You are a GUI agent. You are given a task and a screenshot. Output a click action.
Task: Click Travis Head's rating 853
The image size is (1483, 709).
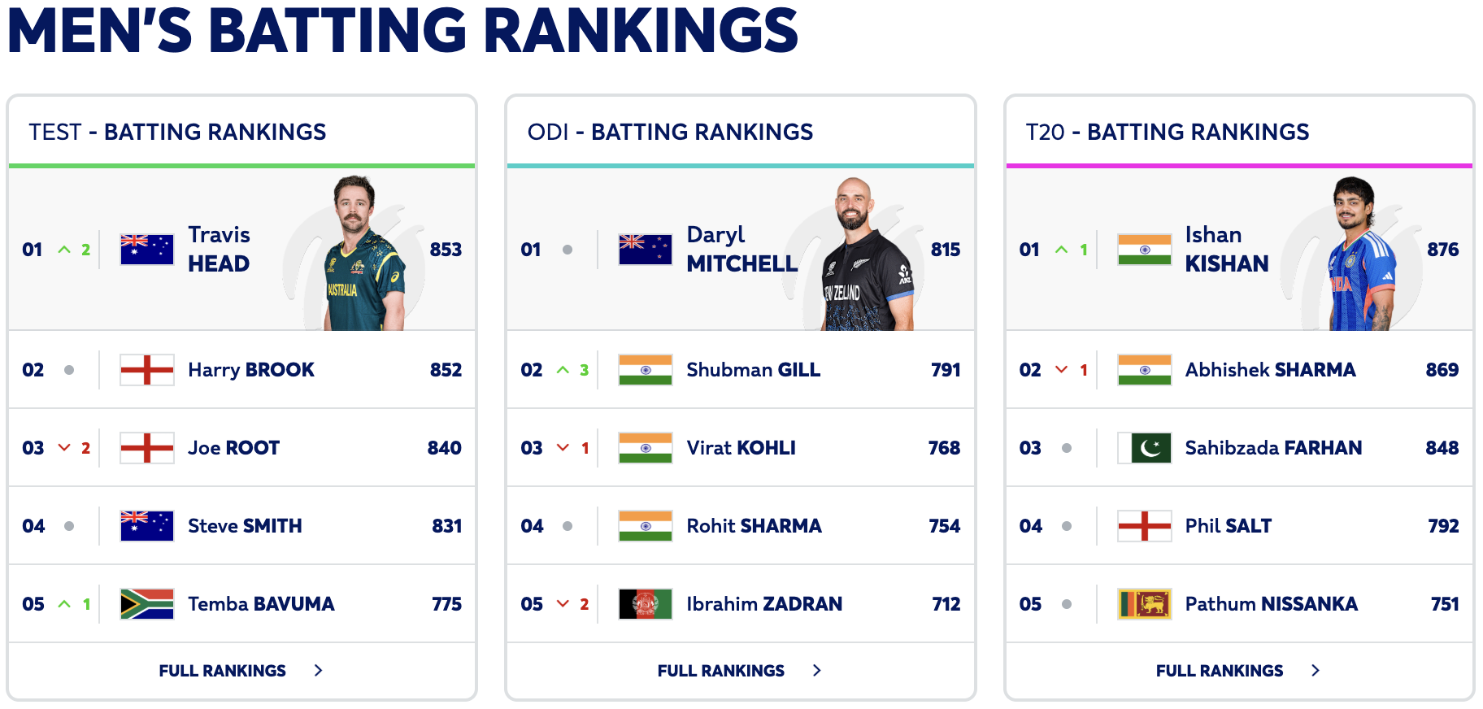[x=446, y=250]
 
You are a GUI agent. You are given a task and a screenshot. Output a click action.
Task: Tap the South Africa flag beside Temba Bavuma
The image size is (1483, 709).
[x=146, y=604]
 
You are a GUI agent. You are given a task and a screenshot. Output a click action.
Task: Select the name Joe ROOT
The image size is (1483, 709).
[x=233, y=448]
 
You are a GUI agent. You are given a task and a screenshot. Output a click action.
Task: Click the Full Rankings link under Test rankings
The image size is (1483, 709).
[x=223, y=671]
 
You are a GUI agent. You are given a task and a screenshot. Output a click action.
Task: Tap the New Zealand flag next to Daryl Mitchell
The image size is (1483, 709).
[x=645, y=250]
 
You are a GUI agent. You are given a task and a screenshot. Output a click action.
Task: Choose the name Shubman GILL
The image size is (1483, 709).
[x=753, y=370]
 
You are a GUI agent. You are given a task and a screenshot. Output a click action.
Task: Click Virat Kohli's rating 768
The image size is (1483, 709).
[x=944, y=448]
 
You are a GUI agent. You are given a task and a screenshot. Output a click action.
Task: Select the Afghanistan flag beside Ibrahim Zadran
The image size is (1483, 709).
[x=645, y=604]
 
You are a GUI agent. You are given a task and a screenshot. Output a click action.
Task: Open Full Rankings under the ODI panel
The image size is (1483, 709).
[x=721, y=671]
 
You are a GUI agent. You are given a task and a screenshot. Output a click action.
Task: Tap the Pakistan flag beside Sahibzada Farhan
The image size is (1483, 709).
[x=1144, y=448]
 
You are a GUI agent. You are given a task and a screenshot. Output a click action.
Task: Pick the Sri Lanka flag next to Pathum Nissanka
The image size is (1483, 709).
[x=1144, y=604]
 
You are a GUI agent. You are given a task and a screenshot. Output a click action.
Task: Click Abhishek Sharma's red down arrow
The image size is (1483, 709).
[x=1061, y=370]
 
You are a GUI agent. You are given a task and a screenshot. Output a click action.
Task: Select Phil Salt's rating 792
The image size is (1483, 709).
[x=1443, y=526]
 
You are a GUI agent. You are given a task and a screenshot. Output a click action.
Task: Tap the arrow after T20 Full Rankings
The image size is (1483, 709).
[x=1316, y=671]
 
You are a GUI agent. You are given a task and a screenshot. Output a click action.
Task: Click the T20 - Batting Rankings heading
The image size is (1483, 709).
[x=1167, y=132]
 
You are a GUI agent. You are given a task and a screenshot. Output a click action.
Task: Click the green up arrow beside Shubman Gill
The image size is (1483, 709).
[x=563, y=370]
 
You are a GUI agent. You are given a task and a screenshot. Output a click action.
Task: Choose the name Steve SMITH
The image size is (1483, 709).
[x=245, y=526]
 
